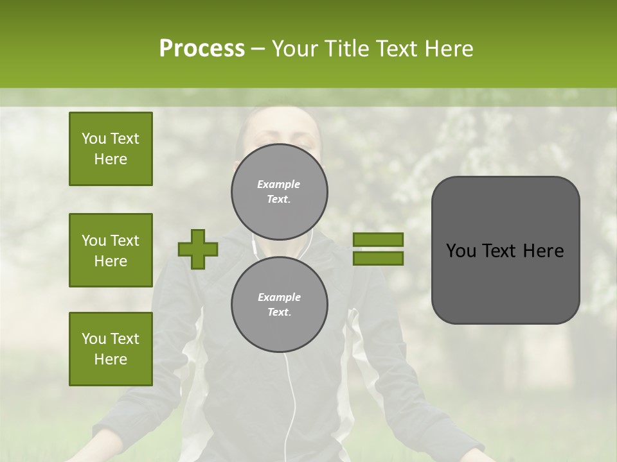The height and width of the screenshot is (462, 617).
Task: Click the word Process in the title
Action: [202, 49]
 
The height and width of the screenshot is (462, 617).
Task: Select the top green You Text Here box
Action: [111, 149]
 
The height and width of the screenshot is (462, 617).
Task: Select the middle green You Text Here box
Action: [111, 250]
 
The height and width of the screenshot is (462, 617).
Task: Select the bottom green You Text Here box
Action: [111, 349]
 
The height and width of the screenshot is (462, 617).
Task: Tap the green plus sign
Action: [198, 250]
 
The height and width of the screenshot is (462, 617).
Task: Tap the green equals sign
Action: [378, 249]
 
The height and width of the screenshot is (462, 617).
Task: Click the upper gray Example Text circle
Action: [279, 192]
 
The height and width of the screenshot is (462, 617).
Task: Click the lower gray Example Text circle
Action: [279, 305]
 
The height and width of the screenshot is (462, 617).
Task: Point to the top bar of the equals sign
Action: [378, 240]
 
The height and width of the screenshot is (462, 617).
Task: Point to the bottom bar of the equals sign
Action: [378, 259]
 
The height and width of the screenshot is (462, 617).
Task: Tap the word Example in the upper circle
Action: [278, 185]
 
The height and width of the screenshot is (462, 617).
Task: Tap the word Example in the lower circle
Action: [279, 298]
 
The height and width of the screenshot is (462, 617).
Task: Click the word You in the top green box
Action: [94, 139]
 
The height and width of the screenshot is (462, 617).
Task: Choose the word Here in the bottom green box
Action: [111, 359]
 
